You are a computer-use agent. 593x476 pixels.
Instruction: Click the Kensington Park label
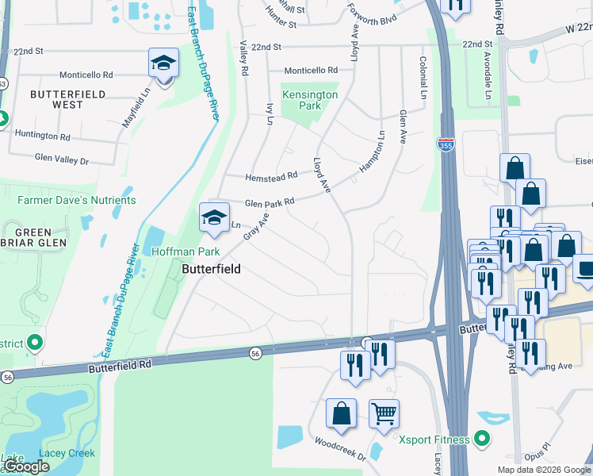click(x=311, y=100)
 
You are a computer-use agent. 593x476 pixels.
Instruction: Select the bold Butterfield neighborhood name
click(x=211, y=270)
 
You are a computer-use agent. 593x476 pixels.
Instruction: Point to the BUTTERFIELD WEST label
click(x=56, y=99)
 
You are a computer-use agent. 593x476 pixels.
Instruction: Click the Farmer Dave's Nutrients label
click(x=77, y=201)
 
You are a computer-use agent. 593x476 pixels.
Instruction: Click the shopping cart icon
click(x=384, y=413)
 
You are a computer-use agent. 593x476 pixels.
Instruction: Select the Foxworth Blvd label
click(x=371, y=13)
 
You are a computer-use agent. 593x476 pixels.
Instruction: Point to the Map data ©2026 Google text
click(x=543, y=470)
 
